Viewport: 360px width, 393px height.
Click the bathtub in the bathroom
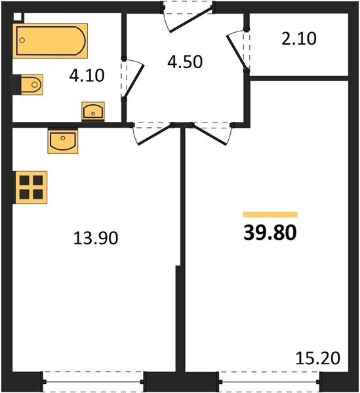(x=50, y=41)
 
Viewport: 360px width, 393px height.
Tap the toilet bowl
(x=31, y=84)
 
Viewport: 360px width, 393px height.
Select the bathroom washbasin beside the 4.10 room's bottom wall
(x=93, y=111)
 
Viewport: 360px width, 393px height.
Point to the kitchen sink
(x=63, y=141)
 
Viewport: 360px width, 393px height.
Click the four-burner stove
(x=31, y=187)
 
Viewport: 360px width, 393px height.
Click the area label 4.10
(x=87, y=75)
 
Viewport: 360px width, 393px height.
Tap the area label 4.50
(x=185, y=62)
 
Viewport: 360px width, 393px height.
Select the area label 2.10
(x=299, y=39)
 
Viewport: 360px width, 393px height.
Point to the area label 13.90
(x=96, y=238)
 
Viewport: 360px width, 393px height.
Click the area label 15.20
(x=318, y=358)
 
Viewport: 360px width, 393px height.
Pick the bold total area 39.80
(x=270, y=233)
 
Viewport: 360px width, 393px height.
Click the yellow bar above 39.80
(x=270, y=215)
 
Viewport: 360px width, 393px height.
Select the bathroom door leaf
(x=134, y=81)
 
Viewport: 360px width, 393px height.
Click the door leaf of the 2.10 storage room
(x=236, y=52)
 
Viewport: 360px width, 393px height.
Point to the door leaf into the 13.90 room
(x=155, y=134)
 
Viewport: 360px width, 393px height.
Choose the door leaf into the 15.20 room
(x=210, y=134)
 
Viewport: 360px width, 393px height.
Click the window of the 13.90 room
(x=93, y=382)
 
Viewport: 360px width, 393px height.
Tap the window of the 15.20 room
(x=270, y=382)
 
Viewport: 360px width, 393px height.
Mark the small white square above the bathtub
(x=17, y=17)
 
